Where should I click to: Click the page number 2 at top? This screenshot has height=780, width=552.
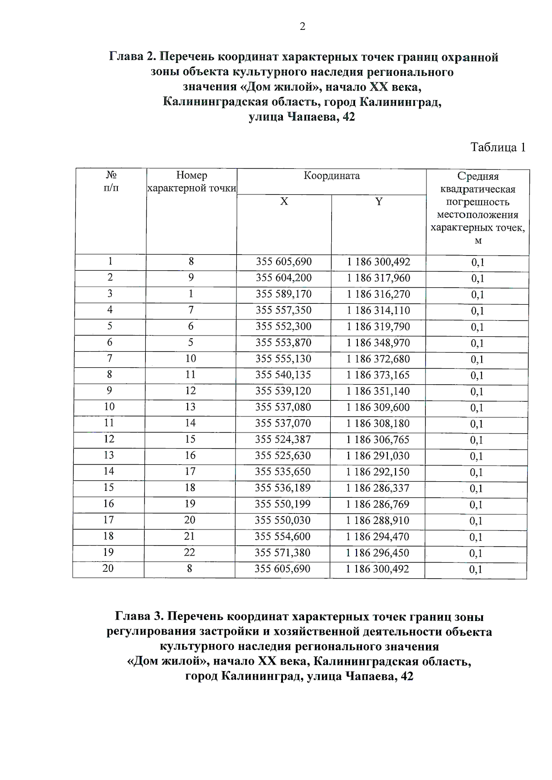302,27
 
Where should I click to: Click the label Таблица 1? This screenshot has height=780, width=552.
498,148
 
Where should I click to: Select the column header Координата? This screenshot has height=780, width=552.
331,176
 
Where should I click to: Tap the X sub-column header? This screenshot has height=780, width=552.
284,202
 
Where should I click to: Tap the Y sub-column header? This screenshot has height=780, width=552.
378,202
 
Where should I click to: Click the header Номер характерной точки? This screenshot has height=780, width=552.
191,182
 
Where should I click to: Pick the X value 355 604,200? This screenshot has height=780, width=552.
283,278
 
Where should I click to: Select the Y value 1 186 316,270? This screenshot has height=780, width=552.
378,294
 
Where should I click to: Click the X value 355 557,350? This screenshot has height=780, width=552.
283,310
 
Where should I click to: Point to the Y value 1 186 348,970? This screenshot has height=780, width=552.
378,343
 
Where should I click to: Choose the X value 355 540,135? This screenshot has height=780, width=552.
283,375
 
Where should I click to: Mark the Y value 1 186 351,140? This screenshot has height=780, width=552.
378,391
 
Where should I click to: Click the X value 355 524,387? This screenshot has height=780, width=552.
283,439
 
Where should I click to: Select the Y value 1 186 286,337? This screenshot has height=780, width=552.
377,488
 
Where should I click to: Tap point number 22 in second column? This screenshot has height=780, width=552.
190,552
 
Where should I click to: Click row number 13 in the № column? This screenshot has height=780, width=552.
109,455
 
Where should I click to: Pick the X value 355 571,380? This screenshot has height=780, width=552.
282,552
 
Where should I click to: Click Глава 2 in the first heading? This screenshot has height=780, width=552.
132,57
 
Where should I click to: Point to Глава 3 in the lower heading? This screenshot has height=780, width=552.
138,617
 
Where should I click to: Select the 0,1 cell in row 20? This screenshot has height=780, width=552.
476,570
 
